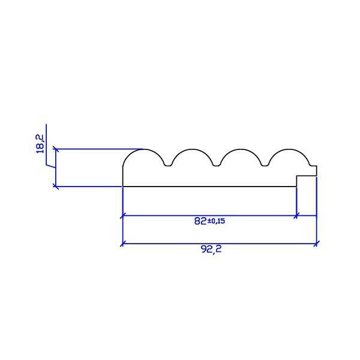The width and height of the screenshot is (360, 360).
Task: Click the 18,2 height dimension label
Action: (40, 144)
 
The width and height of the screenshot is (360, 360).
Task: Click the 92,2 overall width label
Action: (211, 250)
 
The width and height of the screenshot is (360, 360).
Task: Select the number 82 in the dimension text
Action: (200, 221)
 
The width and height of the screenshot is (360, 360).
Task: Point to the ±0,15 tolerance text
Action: (216, 221)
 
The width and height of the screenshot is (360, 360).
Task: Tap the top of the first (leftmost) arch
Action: (144, 149)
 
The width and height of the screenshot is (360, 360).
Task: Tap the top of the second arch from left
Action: (192, 149)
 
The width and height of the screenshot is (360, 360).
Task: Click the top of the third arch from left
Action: (241, 149)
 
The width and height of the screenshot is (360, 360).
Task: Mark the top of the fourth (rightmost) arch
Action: (289, 149)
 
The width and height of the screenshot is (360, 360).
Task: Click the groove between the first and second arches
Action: (168, 165)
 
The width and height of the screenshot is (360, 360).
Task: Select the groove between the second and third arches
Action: (217, 165)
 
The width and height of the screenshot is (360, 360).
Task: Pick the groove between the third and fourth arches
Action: (265, 165)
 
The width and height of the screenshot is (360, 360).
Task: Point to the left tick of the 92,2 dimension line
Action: (122, 244)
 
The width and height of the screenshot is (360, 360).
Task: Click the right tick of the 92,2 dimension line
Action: (316, 244)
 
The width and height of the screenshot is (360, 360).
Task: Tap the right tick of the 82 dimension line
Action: (296, 215)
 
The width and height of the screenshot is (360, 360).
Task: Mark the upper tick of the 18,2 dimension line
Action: (56, 149)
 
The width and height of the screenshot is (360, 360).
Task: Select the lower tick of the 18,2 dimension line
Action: (56, 187)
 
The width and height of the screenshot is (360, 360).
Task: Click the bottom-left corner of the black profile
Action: (123, 186)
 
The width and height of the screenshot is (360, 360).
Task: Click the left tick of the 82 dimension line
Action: (122, 215)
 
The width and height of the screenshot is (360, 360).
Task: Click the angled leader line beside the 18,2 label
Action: (51, 166)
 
